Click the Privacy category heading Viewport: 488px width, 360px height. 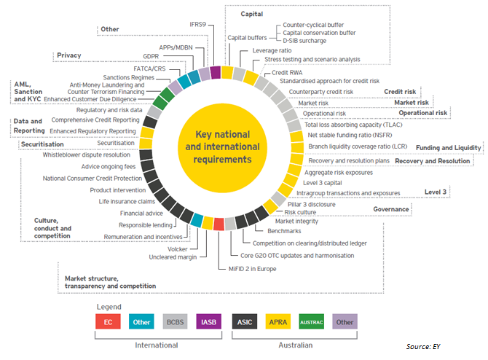click(68, 55)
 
